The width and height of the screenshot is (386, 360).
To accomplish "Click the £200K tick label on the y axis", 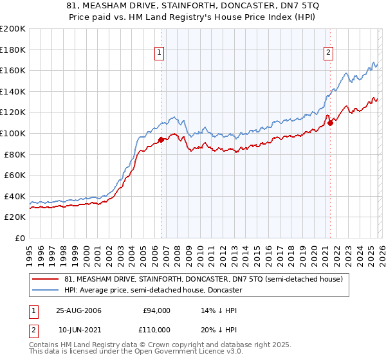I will click(13, 29).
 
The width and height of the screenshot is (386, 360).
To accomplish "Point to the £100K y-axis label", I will click(13, 133).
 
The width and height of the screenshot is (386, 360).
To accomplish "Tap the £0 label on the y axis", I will click(21, 238).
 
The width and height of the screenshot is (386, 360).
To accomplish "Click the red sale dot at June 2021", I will click(330, 123).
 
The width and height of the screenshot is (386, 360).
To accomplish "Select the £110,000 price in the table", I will click(156, 330).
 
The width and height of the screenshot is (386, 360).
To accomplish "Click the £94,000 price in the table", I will click(156, 310).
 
